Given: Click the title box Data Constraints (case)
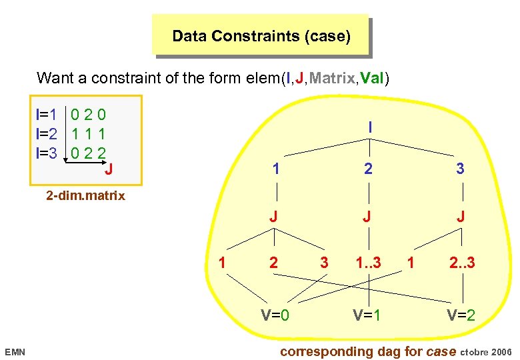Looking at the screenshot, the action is pyautogui.click(x=261, y=35).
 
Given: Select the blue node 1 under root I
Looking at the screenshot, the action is pyautogui.click(x=275, y=169).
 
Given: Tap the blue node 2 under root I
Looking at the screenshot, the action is pyautogui.click(x=369, y=169).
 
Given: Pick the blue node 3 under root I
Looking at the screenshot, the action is pyautogui.click(x=460, y=169).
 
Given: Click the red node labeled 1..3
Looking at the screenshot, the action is pyautogui.click(x=369, y=263).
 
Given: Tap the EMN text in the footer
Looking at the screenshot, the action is pyautogui.click(x=15, y=351).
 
